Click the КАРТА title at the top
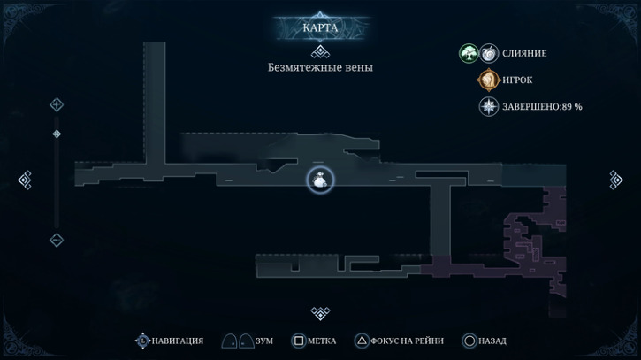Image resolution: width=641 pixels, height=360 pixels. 320,27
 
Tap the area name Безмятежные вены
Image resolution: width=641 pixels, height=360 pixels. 320,67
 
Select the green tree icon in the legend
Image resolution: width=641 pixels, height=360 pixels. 469,53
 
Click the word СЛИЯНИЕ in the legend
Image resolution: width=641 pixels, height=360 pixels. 524,54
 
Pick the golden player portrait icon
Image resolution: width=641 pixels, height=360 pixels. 489,80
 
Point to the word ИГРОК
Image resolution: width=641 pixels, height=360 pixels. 517,80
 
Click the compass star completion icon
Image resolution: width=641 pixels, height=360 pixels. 489,107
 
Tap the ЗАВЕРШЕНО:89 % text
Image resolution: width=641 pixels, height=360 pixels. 542,107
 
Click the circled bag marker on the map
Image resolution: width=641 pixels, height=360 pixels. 320,180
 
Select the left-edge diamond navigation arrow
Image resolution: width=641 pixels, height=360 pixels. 25,180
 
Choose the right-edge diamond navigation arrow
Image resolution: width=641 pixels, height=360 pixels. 615,180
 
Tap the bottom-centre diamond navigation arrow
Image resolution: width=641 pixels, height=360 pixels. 320,313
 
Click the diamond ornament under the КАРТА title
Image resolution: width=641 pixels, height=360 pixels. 320,52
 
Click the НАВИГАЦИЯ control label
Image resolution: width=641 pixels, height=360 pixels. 178,341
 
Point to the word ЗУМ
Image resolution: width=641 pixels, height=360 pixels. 264,341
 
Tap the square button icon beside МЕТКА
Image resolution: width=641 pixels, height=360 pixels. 299,341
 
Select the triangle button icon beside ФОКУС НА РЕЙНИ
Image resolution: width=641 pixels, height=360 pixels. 362,341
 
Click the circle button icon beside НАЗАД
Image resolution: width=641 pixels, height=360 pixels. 469,341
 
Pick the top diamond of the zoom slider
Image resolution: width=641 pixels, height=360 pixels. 57,104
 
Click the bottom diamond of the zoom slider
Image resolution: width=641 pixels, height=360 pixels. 57,240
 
